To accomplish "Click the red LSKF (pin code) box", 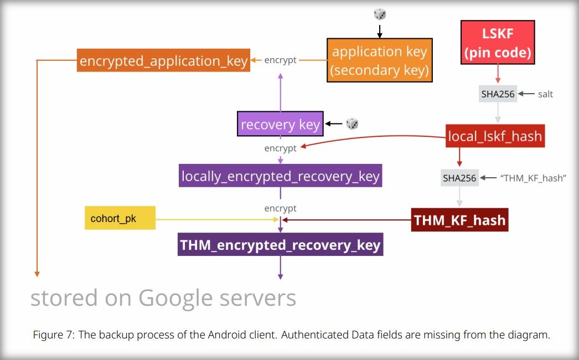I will click(498, 43).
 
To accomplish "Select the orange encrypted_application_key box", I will click(163, 60).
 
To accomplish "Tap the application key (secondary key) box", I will click(379, 60).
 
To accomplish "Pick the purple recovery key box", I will click(280, 124).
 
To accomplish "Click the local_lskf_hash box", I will click(495, 136).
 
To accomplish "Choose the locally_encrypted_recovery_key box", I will click(281, 176).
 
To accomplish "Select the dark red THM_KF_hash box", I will click(459, 220).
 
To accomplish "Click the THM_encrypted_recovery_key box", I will click(280, 245).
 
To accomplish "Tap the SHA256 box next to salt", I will click(498, 94).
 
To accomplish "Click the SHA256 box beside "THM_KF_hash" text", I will click(459, 178).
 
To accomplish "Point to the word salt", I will click(545, 94).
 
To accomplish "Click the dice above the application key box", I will click(380, 14).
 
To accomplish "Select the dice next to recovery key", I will click(352, 124).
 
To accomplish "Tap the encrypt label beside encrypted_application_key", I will click(280, 60).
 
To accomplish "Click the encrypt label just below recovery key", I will click(280, 148).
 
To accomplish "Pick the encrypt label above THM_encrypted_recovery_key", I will click(280, 208).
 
